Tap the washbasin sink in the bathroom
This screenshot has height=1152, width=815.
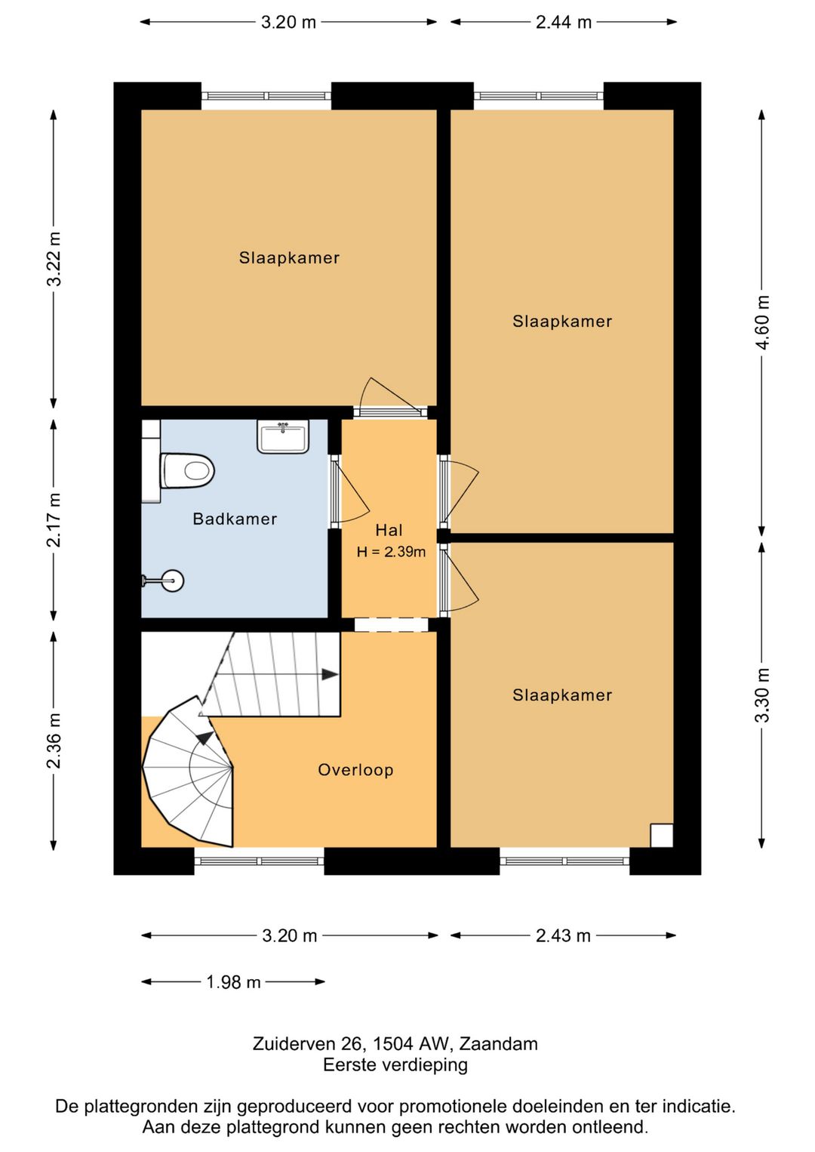pos(283,436)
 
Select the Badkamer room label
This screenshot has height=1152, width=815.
pos(235,519)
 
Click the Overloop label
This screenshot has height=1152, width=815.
pos(356,770)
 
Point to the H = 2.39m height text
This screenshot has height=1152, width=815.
pos(392,553)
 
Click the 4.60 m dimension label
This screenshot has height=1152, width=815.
pos(762,322)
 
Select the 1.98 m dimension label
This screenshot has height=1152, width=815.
pos(233,982)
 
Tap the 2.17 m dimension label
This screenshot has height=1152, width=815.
pos(54,519)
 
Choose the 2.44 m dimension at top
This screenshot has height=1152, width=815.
pos(564,23)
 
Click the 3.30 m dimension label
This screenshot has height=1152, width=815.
pos(762,695)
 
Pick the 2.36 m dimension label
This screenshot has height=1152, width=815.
pos(54,741)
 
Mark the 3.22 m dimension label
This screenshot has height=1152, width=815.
pos(54,259)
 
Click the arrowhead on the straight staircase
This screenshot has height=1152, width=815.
pos(330,674)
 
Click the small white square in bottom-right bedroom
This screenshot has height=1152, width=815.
pos(662,835)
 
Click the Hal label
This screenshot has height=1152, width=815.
pos(389,530)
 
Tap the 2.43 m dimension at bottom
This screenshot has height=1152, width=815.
pos(563,936)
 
